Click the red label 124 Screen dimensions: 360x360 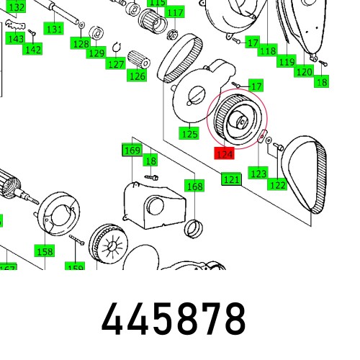click(225, 153)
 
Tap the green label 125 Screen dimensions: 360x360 click(189, 133)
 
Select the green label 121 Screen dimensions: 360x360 click(231, 179)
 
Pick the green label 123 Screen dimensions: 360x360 click(258, 173)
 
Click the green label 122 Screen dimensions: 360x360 click(278, 184)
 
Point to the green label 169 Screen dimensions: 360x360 click(132, 150)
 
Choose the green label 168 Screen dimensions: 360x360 click(195, 186)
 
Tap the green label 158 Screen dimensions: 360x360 click(45, 251)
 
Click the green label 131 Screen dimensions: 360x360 click(54, 29)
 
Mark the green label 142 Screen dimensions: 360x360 click(32, 49)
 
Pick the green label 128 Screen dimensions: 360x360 click(80, 44)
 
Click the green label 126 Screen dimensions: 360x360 click(137, 76)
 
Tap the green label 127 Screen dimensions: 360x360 click(115, 64)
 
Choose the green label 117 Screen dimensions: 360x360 click(174, 13)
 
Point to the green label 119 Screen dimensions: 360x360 click(287, 63)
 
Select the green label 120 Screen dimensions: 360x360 click(304, 71)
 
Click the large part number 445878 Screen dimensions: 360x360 click(174, 318)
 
